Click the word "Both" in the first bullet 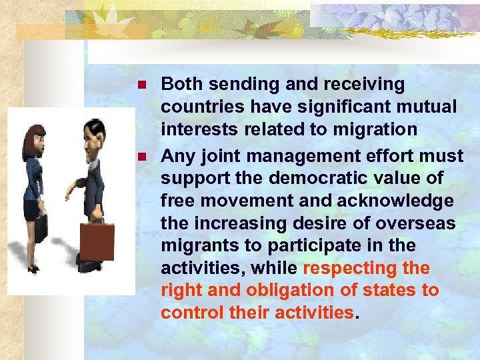[181, 84]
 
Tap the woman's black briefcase [41, 229]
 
